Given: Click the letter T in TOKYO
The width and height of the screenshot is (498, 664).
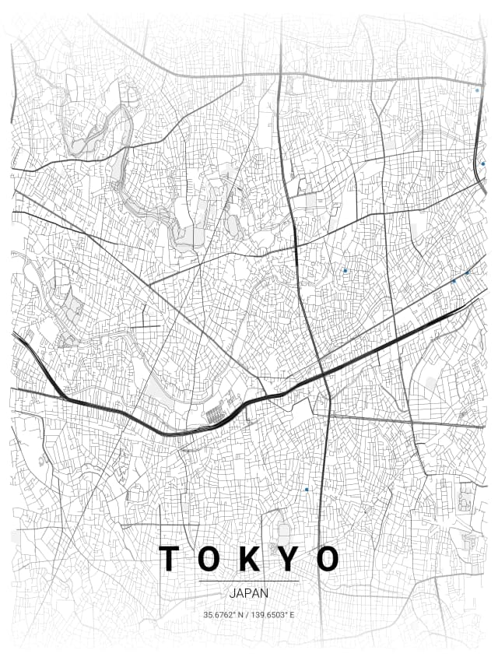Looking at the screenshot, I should [x=168, y=559].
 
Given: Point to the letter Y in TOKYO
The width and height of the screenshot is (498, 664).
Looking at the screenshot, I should [x=288, y=559].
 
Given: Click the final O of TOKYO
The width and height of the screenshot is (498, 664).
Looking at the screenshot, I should [x=328, y=559].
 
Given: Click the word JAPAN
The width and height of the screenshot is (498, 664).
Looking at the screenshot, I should [x=249, y=593].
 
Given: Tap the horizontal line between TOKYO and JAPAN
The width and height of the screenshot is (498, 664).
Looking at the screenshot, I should [x=249, y=581].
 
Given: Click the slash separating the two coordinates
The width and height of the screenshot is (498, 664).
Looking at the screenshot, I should [x=248, y=615].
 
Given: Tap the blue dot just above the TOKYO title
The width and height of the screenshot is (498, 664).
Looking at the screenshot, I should [x=307, y=489].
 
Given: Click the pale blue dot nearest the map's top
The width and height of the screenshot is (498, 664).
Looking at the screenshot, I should [x=477, y=90].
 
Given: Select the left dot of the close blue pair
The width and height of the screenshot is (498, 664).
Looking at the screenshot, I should [x=454, y=281].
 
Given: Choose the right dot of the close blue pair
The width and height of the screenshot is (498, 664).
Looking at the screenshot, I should [x=467, y=273].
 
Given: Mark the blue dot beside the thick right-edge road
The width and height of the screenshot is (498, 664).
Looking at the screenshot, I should [x=482, y=163].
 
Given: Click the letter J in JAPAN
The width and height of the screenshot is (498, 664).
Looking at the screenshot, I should [x=233, y=593].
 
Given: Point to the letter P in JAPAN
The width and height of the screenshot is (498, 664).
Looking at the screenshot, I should [x=248, y=593].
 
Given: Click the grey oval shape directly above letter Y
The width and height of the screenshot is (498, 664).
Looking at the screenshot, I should [x=284, y=532].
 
